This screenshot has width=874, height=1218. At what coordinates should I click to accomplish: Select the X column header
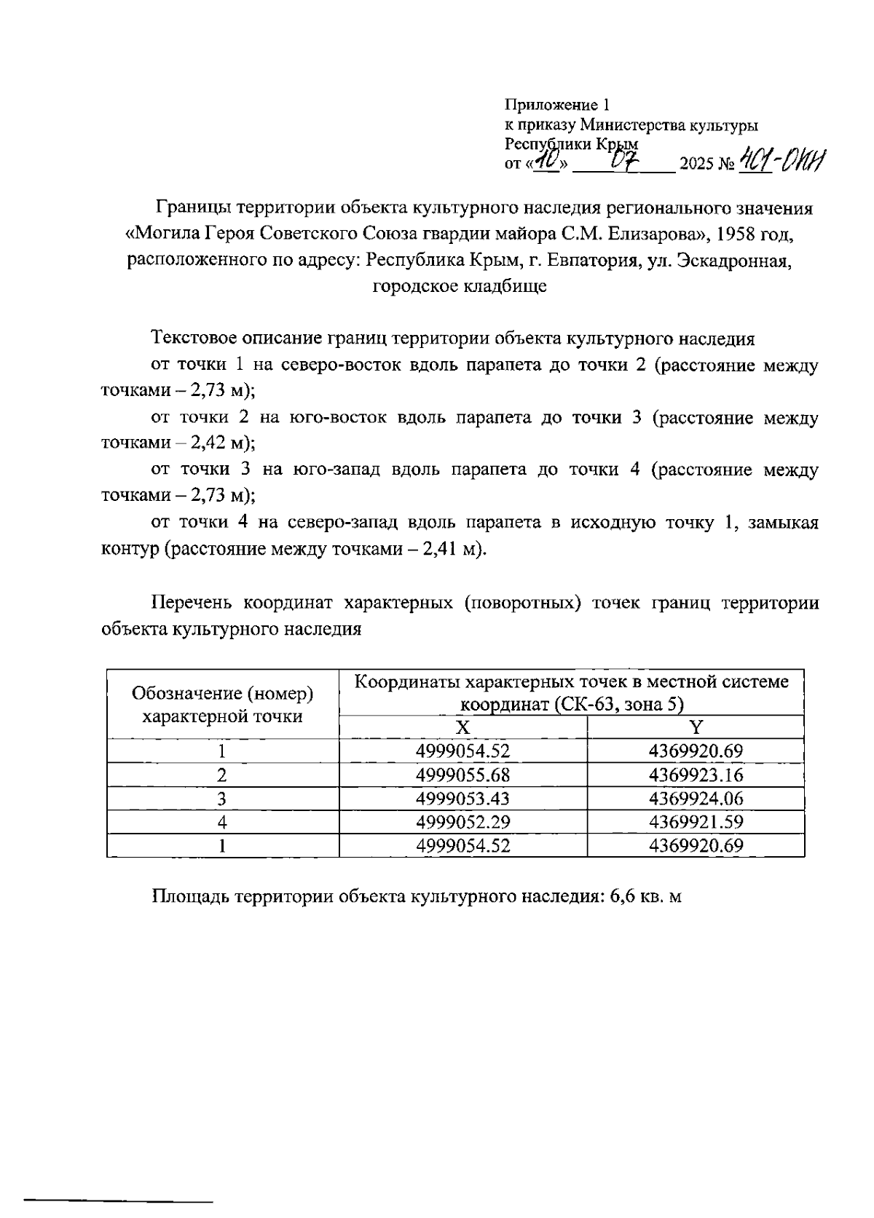point(462,727)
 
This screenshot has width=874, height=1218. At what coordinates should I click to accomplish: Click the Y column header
point(696,727)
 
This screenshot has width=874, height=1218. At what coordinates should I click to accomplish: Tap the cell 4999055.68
point(462,775)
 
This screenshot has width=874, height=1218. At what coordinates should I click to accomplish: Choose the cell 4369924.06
point(696,799)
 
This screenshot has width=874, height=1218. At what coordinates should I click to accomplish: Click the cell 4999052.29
point(462,822)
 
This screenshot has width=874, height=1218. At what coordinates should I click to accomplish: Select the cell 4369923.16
point(696,775)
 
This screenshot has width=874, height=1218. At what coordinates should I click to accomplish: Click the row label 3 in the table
point(222,799)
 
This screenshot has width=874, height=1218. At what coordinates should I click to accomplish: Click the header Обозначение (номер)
point(223,693)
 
